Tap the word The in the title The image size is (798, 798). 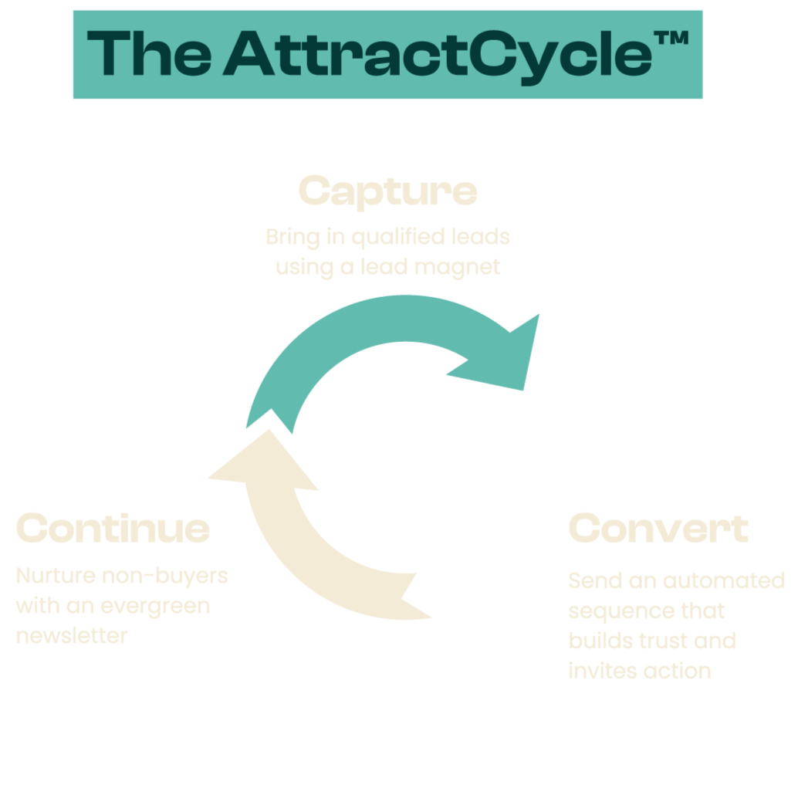(x=148, y=53)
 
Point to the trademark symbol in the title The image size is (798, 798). (x=672, y=39)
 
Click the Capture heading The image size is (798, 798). (x=387, y=191)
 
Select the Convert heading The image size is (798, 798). (x=658, y=529)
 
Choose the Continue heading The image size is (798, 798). (x=113, y=529)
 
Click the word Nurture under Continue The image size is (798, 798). (x=52, y=576)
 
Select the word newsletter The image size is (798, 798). (x=71, y=636)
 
